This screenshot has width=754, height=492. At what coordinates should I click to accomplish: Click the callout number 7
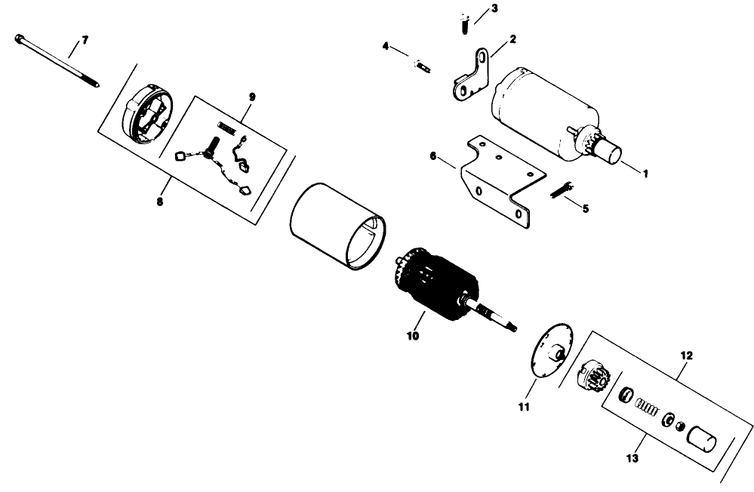point(84,39)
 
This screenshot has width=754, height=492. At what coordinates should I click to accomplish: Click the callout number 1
point(645,173)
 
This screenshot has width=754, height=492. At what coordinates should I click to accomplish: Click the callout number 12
point(685,354)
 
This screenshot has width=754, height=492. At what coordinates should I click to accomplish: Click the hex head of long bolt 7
point(18,36)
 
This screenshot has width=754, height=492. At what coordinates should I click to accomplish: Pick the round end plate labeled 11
point(551,353)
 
